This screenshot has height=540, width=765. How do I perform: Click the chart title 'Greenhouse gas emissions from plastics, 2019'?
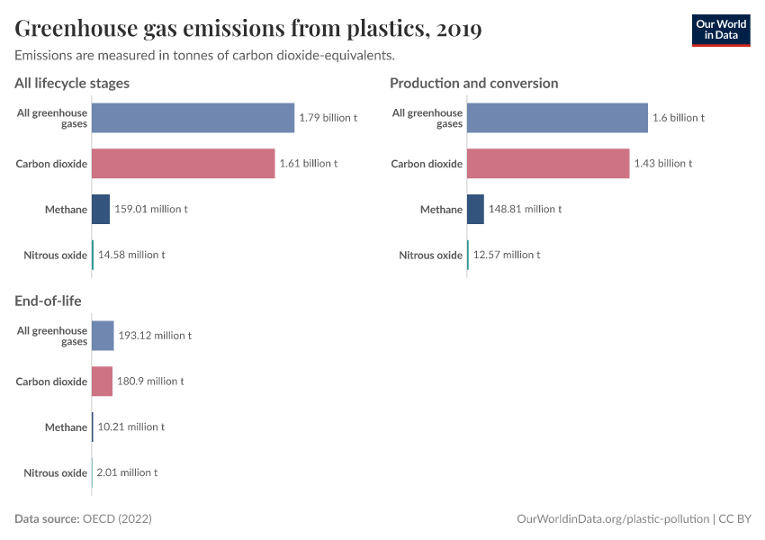(247, 30)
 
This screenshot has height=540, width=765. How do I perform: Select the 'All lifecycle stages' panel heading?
(72, 83)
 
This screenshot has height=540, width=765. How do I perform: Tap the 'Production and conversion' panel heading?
(473, 83)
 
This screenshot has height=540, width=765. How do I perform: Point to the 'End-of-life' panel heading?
(49, 301)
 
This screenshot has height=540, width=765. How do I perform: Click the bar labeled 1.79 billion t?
(193, 118)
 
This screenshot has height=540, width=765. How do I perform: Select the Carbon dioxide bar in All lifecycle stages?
(183, 164)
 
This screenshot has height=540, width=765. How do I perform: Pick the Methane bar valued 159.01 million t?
(101, 209)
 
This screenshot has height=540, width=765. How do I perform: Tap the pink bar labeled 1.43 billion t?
(548, 164)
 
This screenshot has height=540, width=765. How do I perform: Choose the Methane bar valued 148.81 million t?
(475, 209)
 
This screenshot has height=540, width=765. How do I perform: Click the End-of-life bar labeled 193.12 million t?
(103, 336)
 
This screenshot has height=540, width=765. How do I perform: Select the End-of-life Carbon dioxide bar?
(102, 381)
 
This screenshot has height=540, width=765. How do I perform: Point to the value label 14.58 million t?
(131, 255)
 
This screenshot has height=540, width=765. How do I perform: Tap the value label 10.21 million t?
(130, 427)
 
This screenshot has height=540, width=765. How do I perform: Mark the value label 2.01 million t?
(127, 472)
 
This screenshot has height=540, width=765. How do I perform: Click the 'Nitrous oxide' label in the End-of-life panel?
(55, 472)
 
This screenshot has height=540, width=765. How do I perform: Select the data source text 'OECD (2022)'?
(117, 519)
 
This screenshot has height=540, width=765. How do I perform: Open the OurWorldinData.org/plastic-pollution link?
(612, 519)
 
